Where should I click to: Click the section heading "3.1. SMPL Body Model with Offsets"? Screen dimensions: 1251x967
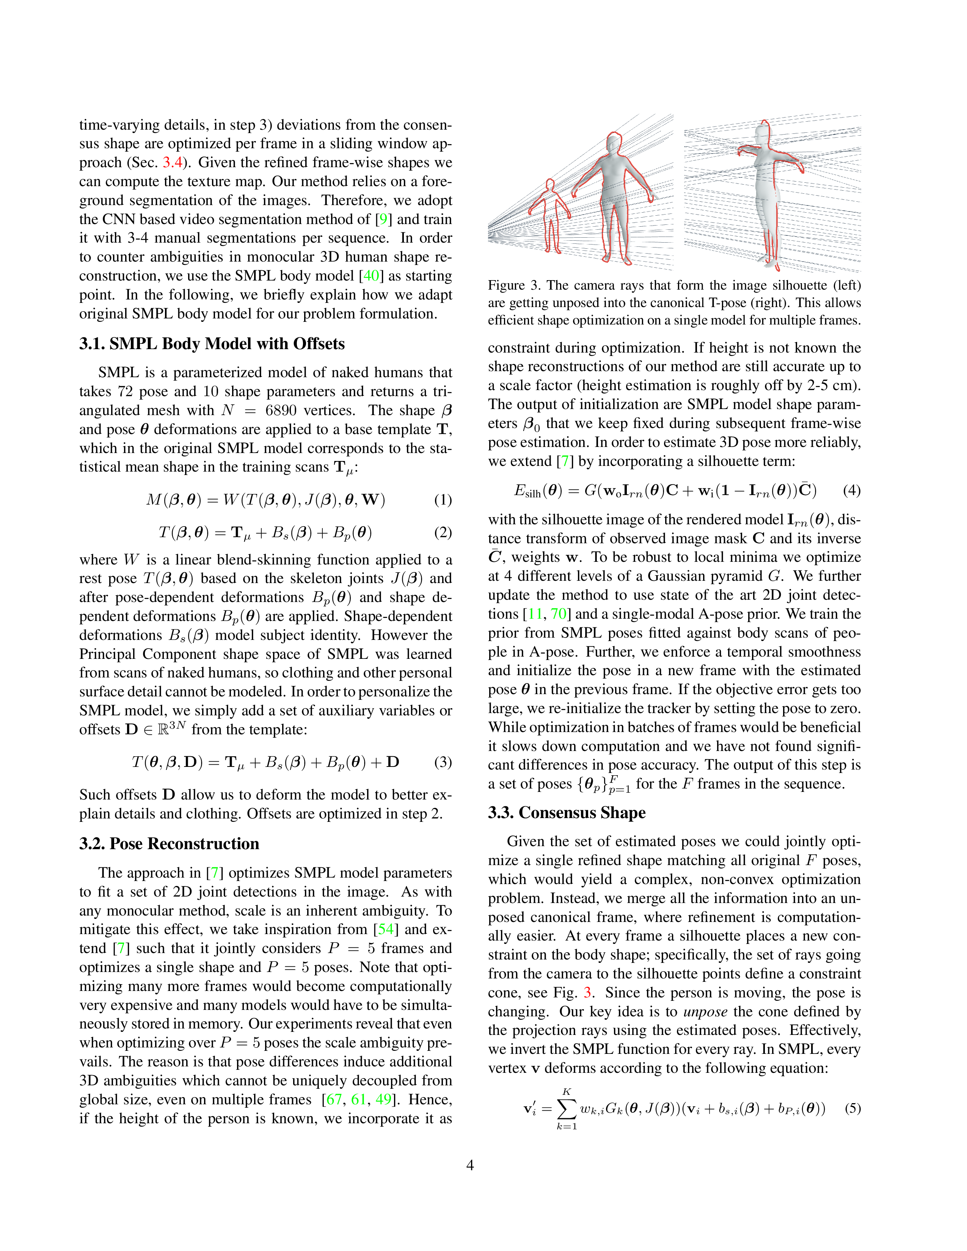[212, 344]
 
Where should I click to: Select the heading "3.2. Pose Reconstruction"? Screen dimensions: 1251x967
[169, 844]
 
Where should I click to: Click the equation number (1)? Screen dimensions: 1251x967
[443, 500]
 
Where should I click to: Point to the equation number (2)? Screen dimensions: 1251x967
[443, 533]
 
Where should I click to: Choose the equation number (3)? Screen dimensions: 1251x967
[443, 762]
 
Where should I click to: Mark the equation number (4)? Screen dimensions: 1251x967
[852, 490]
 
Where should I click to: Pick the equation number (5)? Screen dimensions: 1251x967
[852, 1108]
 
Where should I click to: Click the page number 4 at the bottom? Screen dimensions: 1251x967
[470, 1165]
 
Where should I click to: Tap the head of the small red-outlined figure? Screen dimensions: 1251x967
[549, 186]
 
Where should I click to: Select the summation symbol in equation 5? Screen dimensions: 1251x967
[567, 1109]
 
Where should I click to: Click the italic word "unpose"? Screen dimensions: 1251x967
[706, 1011]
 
